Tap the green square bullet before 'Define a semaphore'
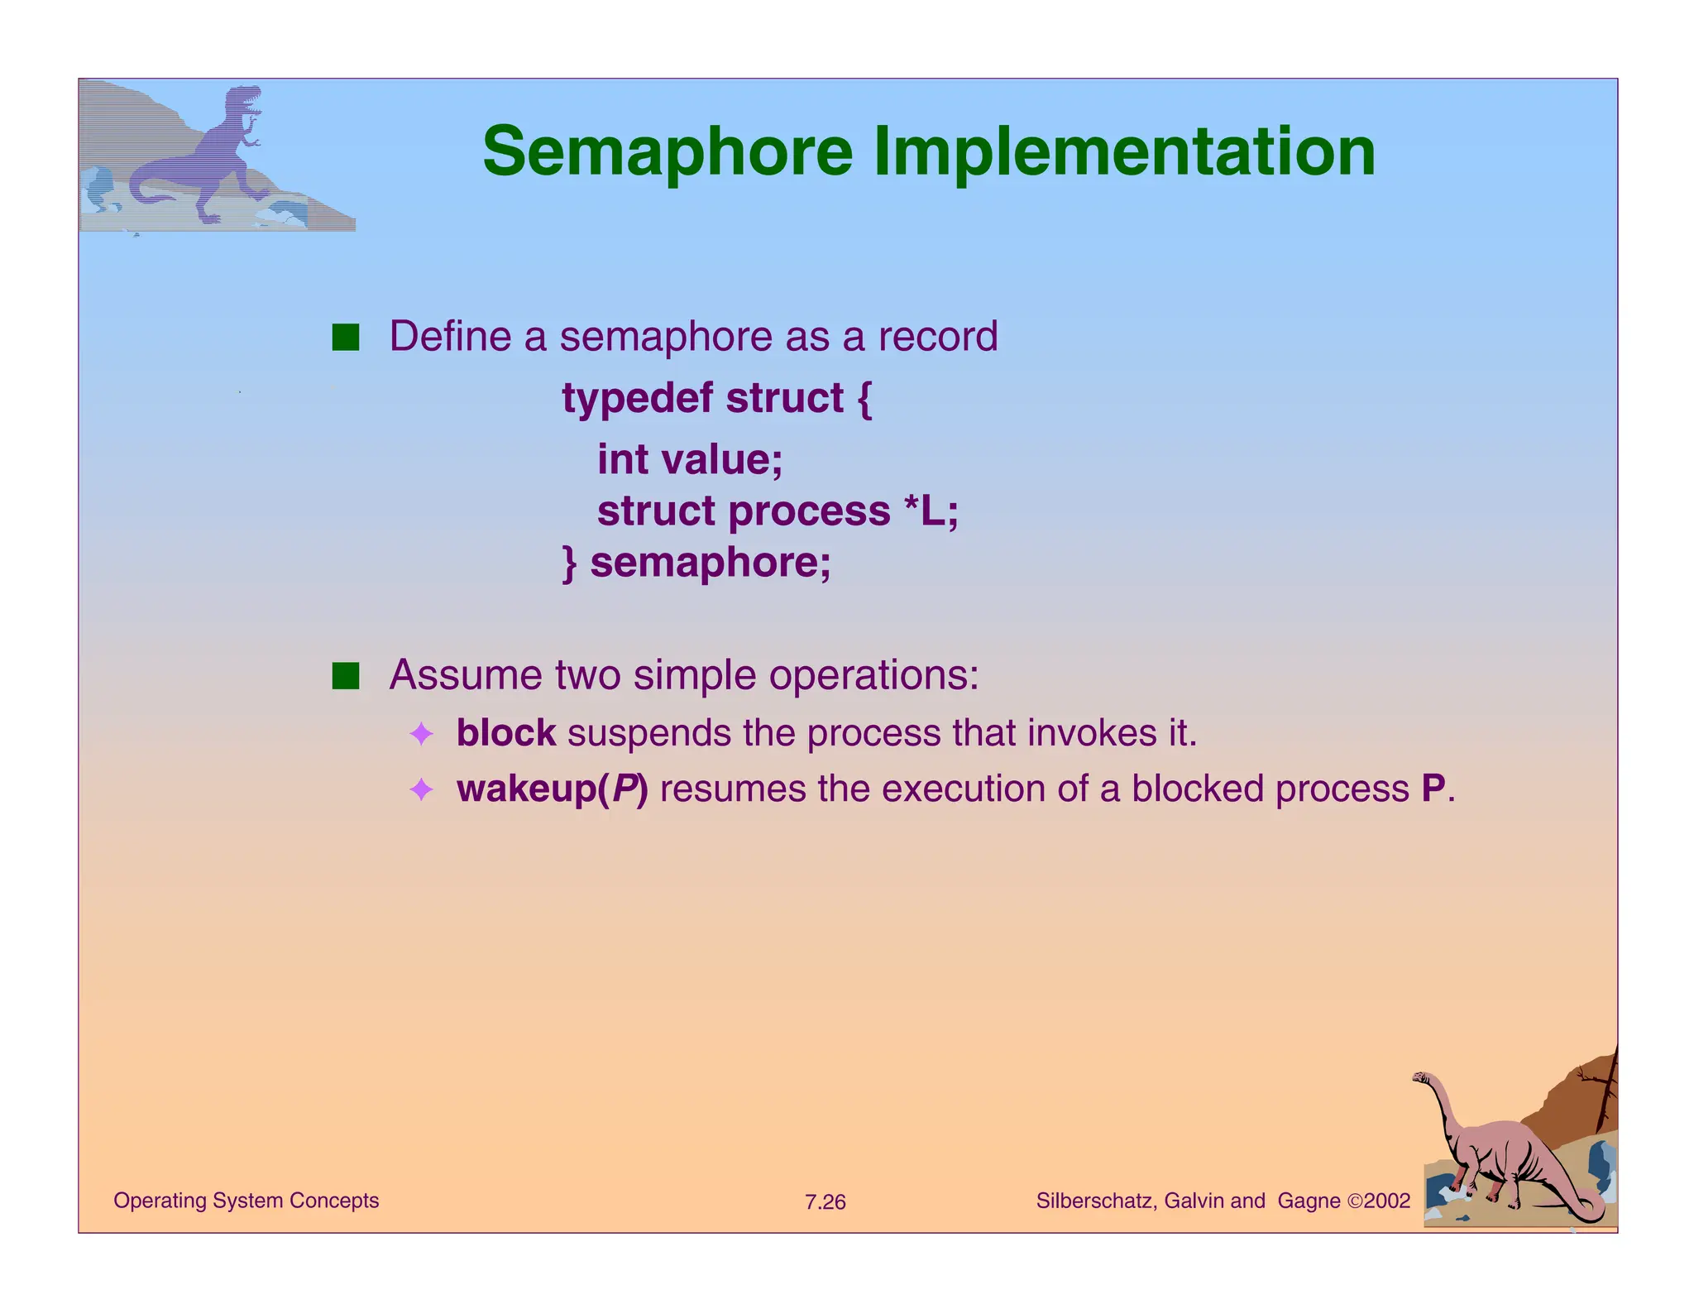pyautogui.click(x=346, y=338)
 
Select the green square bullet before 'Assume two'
pyautogui.click(x=346, y=676)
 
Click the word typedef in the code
pyautogui.click(x=638, y=399)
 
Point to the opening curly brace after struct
pyautogui.click(x=864, y=399)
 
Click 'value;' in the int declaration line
pyautogui.click(x=723, y=459)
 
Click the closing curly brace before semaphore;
pyautogui.click(x=569, y=563)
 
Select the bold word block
pyautogui.click(x=505, y=733)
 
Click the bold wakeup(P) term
pyautogui.click(x=552, y=789)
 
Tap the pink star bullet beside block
pyautogui.click(x=421, y=734)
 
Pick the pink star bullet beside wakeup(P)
pyautogui.click(x=421, y=789)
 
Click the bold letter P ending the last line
pyautogui.click(x=1433, y=789)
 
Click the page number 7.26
pyautogui.click(x=825, y=1202)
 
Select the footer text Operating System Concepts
pyautogui.click(x=246, y=1201)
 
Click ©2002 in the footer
pyautogui.click(x=1379, y=1201)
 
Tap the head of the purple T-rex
pyautogui.click(x=246, y=99)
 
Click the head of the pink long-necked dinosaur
pyautogui.click(x=1422, y=1077)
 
